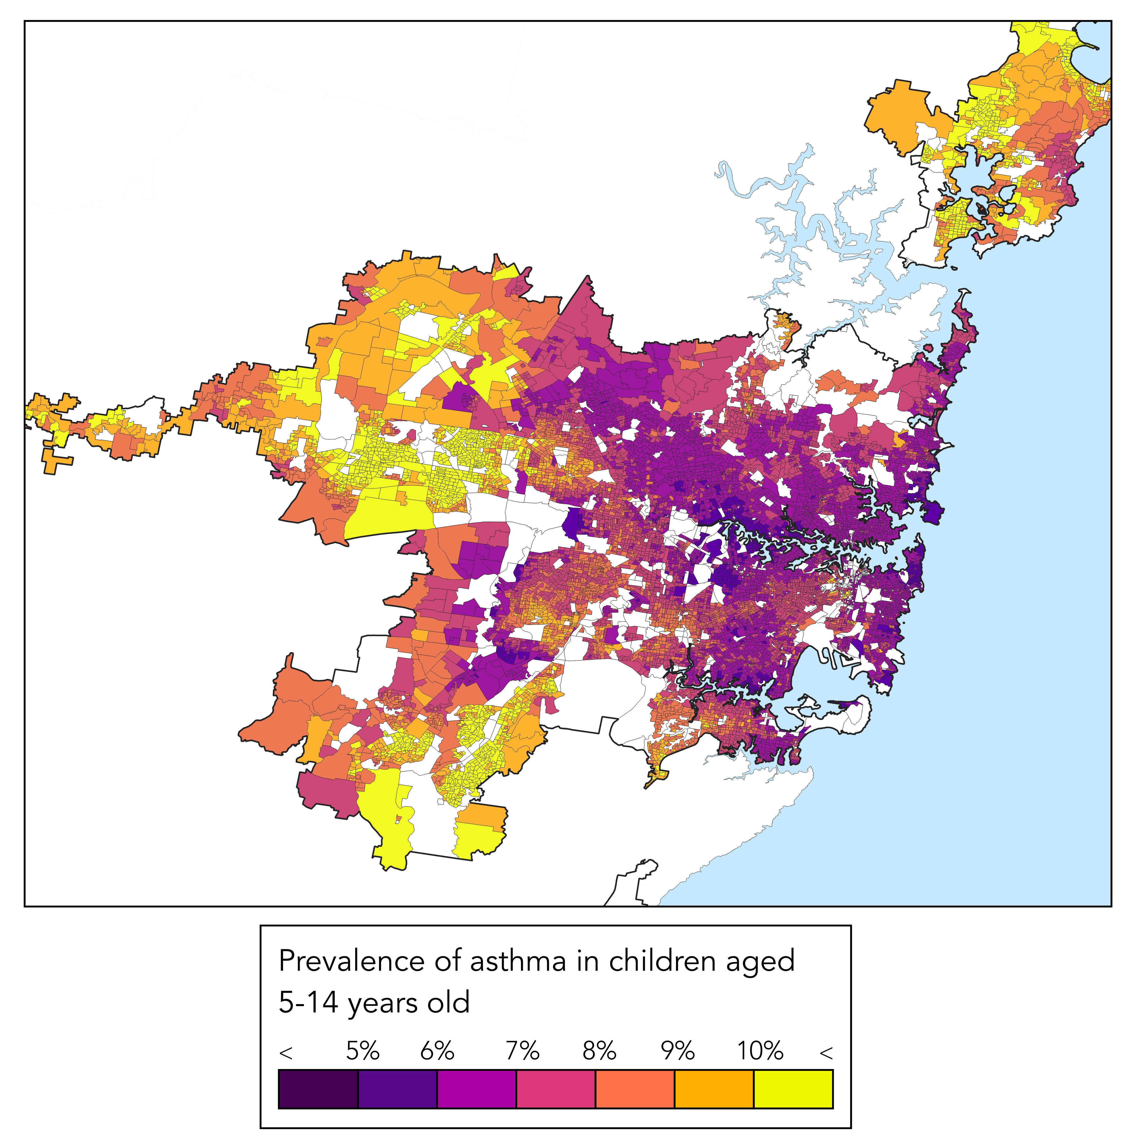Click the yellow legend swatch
pyautogui.click(x=793, y=1089)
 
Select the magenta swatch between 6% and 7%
pyautogui.click(x=477, y=1089)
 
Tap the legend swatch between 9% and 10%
pyautogui.click(x=714, y=1089)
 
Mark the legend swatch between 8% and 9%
pyautogui.click(x=635, y=1089)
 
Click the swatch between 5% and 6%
pyautogui.click(x=397, y=1089)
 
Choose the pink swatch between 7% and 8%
pyautogui.click(x=556, y=1089)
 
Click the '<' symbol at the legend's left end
pyautogui.click(x=286, y=1053)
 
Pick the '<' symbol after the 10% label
pyautogui.click(x=826, y=1053)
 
